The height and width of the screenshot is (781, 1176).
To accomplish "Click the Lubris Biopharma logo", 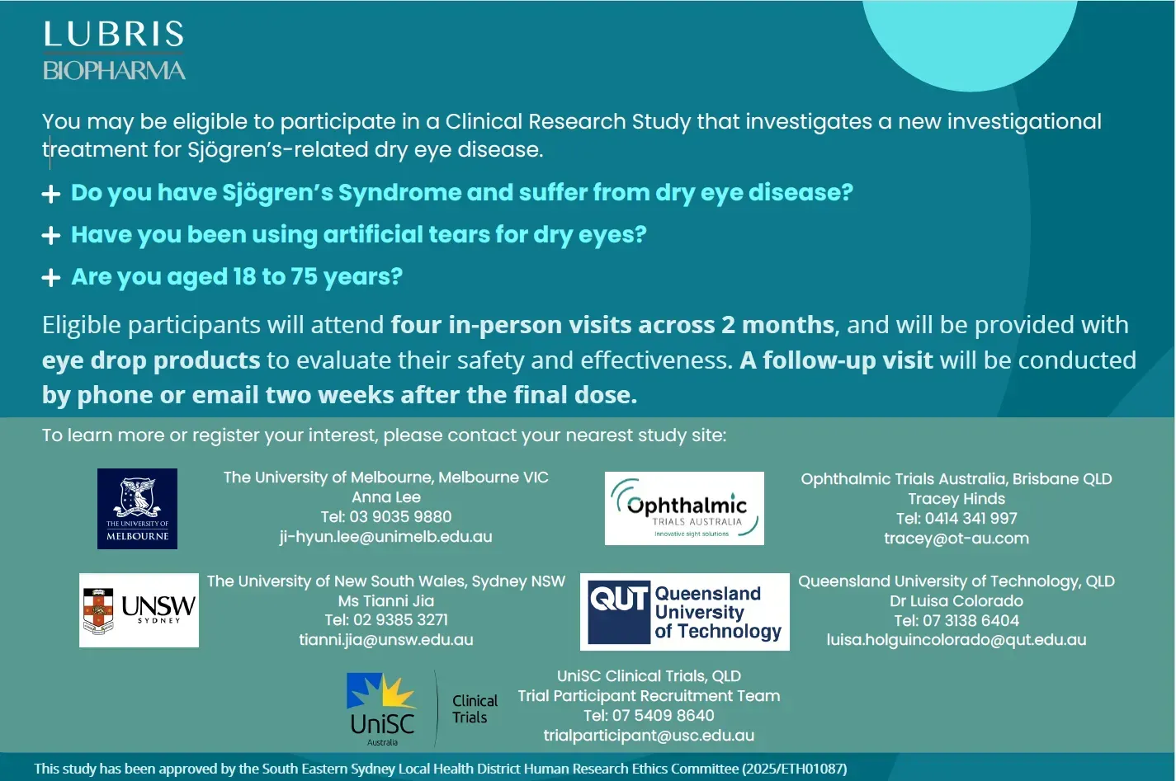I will click(114, 51).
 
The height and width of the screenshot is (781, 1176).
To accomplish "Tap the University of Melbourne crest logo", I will click(137, 508).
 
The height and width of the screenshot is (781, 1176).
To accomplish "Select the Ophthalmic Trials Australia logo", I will click(684, 508).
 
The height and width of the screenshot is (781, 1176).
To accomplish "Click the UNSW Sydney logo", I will click(139, 610).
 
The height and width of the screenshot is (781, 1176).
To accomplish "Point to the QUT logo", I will click(684, 613).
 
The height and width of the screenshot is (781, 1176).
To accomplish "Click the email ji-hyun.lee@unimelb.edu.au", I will click(385, 537).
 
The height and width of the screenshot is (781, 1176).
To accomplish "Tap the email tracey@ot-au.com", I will click(956, 539).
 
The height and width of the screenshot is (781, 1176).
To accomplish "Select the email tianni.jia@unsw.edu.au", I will click(385, 640).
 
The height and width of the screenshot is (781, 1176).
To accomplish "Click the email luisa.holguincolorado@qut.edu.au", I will click(956, 640).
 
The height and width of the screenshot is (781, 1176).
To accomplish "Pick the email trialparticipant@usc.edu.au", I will click(649, 736).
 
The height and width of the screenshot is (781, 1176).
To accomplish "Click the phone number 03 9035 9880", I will click(400, 517).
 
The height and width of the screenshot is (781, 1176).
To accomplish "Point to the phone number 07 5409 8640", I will click(663, 716).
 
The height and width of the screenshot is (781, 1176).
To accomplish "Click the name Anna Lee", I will click(385, 497).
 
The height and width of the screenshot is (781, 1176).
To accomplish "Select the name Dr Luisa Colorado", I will click(956, 601).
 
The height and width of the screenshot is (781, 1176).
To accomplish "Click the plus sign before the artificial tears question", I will click(51, 236).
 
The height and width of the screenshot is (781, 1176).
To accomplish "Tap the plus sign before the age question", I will click(51, 278).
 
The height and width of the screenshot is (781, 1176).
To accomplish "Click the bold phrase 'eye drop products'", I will click(151, 360).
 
